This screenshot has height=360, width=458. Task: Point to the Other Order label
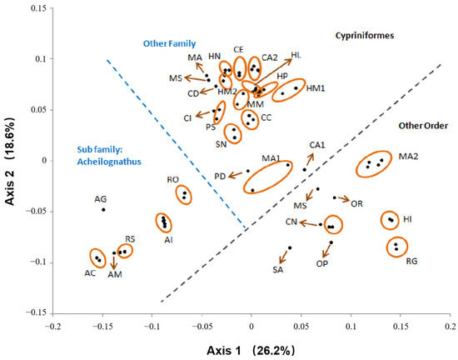[421, 125]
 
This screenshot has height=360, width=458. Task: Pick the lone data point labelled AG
[103, 209]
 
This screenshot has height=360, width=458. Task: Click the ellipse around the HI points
[390, 220]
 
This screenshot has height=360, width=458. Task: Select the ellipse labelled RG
[397, 247]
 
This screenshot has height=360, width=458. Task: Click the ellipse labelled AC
[98, 259]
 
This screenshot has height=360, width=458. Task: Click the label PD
[219, 176]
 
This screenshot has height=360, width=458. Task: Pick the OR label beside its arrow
[356, 203]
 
